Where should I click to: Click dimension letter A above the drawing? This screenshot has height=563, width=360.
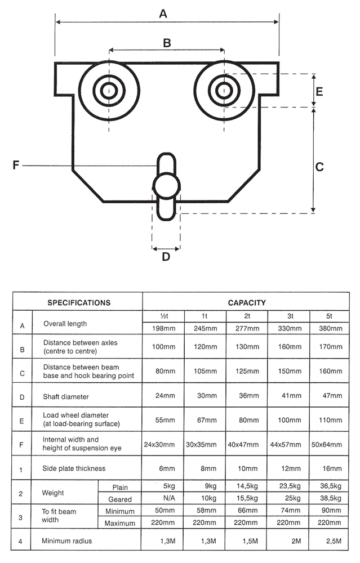tap(163, 14)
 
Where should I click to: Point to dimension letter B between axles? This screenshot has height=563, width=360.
tap(167, 42)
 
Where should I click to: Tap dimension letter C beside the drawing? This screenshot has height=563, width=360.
tap(319, 167)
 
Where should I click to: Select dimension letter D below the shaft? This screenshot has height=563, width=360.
tap(166, 257)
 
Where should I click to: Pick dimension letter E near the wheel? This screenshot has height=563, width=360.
tap(319, 91)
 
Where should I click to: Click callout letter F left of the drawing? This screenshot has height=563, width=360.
tap(16, 166)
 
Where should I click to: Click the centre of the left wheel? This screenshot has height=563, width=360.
tap(109, 90)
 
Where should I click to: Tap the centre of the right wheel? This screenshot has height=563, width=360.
tap(224, 90)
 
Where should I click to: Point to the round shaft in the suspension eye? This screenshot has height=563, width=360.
tap(166, 184)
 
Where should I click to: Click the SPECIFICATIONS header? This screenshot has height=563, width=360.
tap(78, 302)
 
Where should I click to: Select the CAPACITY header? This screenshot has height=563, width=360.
tap(247, 302)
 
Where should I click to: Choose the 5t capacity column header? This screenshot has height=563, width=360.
tap(331, 316)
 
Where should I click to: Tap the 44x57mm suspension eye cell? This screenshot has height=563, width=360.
tap(288, 444)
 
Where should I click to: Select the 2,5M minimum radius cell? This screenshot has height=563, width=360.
tap(331, 541)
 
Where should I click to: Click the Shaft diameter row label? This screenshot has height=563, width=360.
tap(66, 397)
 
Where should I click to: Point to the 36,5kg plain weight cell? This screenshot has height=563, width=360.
tap(331, 486)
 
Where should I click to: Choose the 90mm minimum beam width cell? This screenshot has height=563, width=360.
tap(331, 511)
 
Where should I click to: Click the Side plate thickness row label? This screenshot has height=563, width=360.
tap(74, 468)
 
